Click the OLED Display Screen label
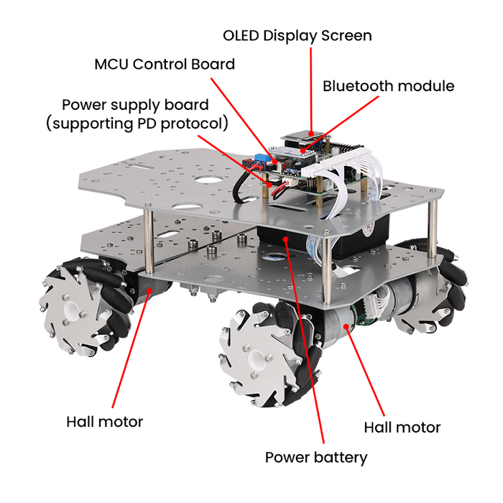pyautogui.click(x=297, y=35)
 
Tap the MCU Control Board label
pyautogui.click(x=165, y=64)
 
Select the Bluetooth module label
pyautogui.click(x=388, y=86)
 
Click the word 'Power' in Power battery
pyautogui.click(x=287, y=457)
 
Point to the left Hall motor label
pyautogui.click(x=104, y=422)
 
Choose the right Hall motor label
pyautogui.click(x=402, y=428)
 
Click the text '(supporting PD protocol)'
pyautogui.click(x=137, y=124)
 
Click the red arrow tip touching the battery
pyautogui.click(x=285, y=237)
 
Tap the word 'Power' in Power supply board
pyautogui.click(x=84, y=105)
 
